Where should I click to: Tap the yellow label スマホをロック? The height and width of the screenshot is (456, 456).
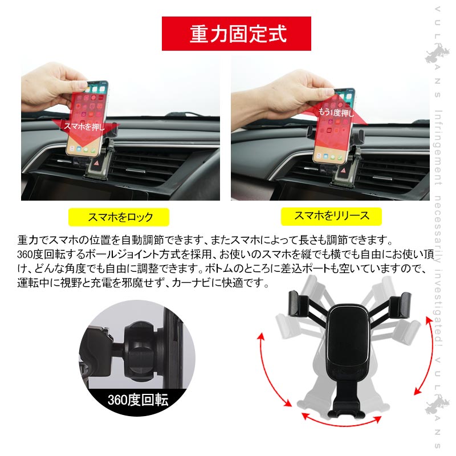[119, 217]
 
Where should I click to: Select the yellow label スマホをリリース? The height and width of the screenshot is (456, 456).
[331, 215]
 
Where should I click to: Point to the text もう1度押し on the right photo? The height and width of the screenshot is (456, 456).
[335, 111]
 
